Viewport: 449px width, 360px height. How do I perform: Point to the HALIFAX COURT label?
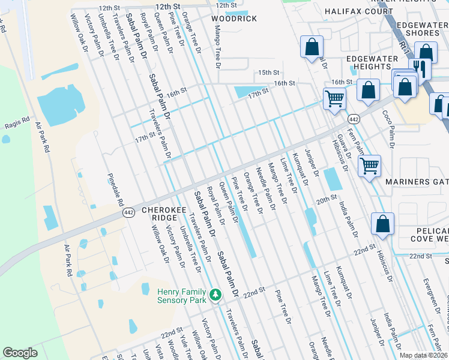[359, 11]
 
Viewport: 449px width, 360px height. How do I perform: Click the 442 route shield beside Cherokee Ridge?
[128, 213]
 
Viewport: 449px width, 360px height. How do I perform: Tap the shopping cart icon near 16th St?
[334, 98]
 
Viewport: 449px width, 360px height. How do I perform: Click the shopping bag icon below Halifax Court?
[312, 47]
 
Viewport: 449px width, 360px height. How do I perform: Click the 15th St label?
[269, 72]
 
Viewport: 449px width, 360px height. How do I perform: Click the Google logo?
[20, 352]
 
